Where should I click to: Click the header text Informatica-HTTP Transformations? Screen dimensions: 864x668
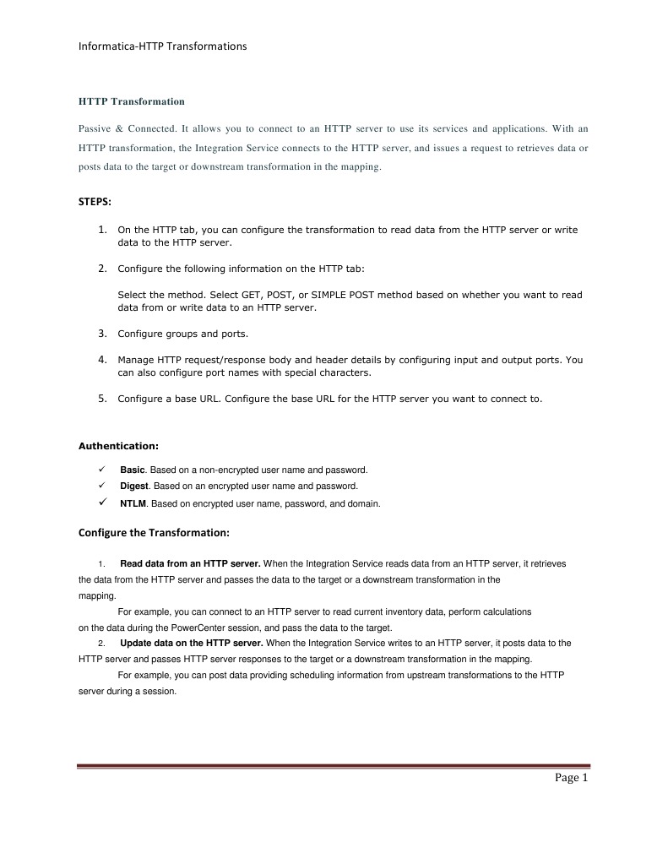point(162,46)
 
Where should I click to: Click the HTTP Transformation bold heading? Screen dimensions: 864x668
point(131,101)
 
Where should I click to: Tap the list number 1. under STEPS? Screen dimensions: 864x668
point(102,229)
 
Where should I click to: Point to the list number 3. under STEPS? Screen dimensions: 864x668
point(102,334)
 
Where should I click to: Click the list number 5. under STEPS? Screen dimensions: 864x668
point(102,399)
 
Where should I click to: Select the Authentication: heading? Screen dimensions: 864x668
point(118,445)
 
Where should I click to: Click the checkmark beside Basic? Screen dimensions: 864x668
point(101,469)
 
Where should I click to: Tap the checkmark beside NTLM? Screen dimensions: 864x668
point(101,503)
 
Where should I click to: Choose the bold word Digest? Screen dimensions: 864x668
point(134,486)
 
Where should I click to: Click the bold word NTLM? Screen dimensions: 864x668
point(133,504)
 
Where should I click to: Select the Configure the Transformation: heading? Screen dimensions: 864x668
point(154,533)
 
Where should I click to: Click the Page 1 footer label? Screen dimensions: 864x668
point(571,778)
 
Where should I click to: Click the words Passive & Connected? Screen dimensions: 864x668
point(127,129)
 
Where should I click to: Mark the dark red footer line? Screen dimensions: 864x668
point(333,767)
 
